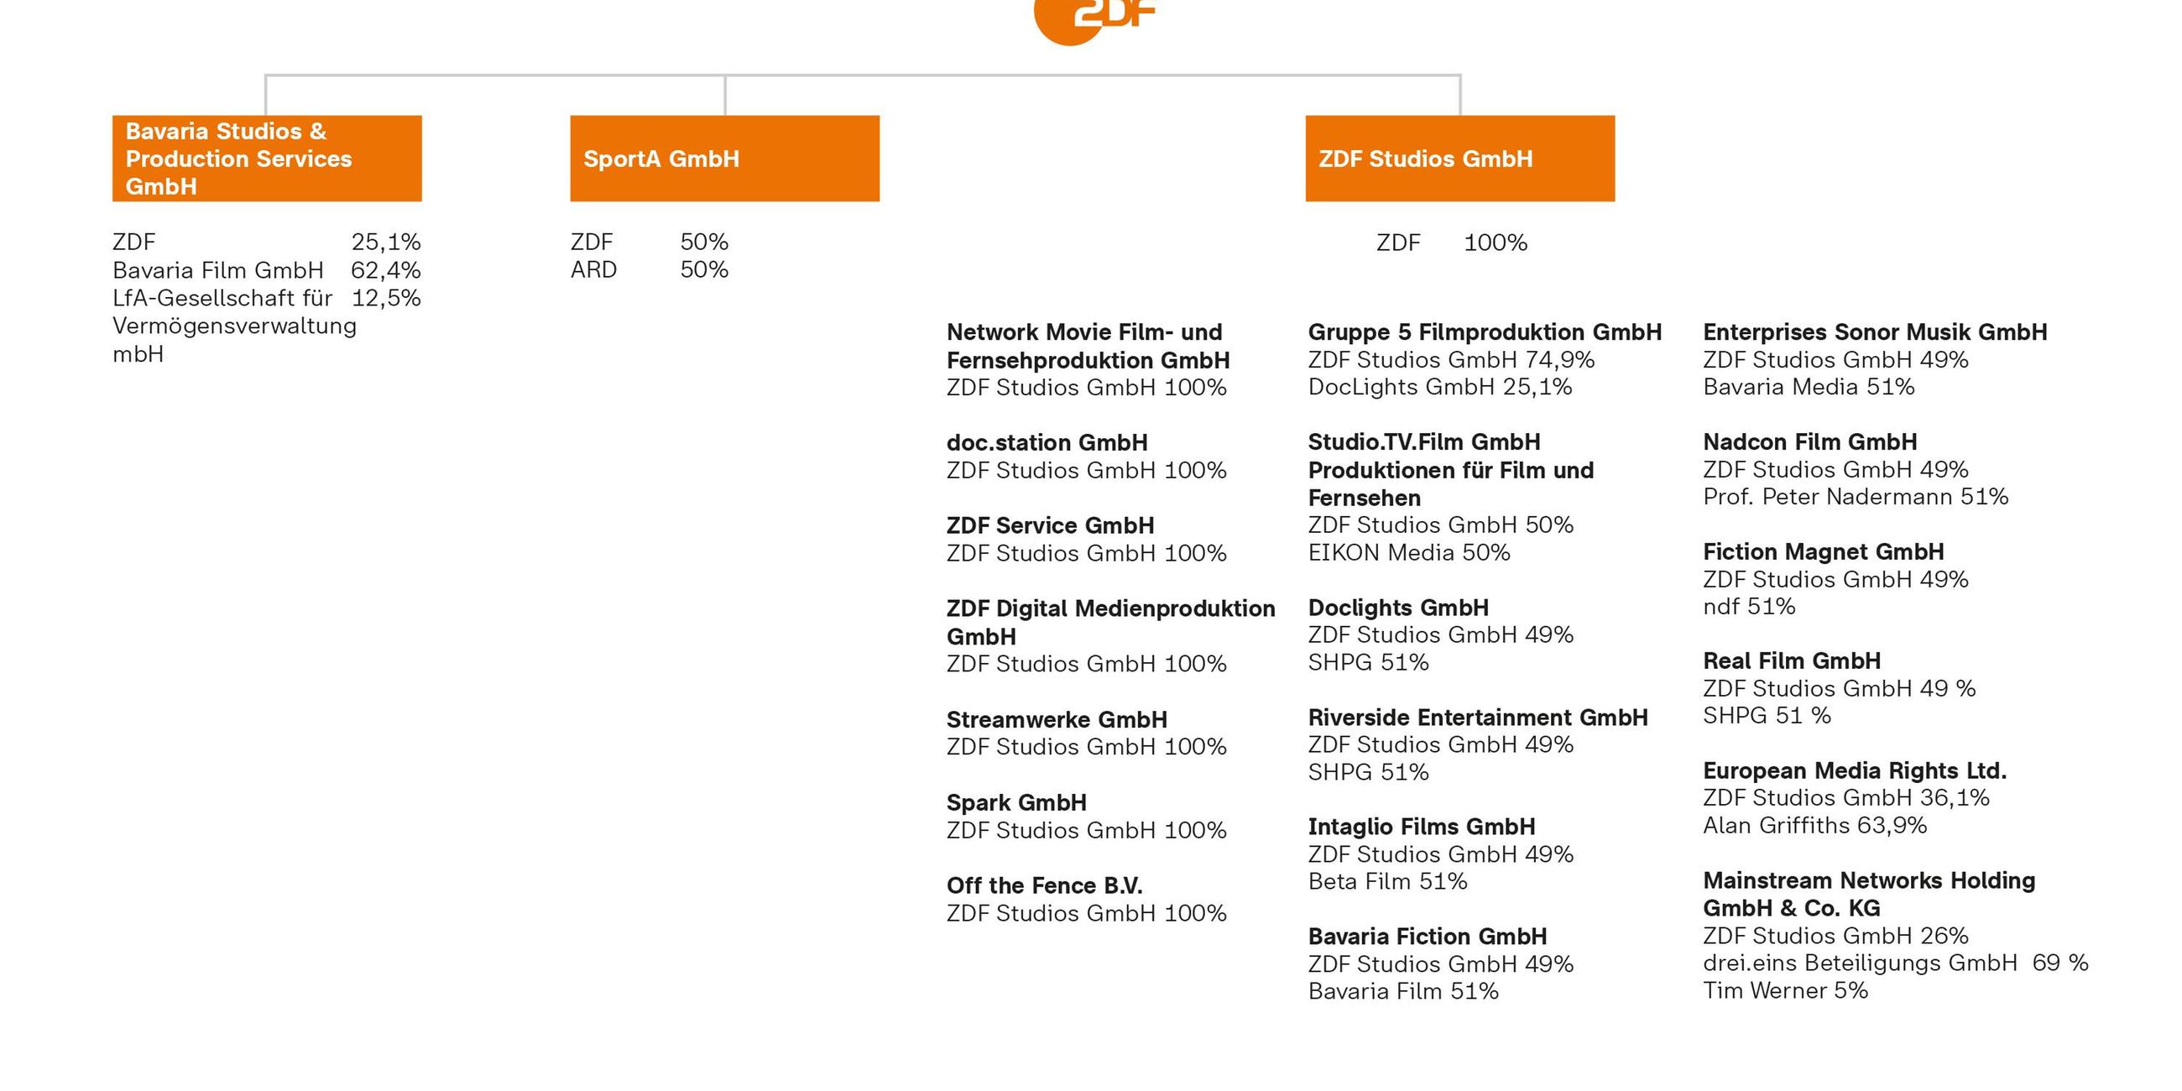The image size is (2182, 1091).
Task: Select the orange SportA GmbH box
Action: (x=724, y=159)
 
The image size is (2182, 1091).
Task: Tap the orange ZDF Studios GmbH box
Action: (x=1459, y=159)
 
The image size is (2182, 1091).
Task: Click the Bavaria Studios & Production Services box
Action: (x=267, y=159)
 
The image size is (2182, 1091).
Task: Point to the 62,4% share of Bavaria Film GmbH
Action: (x=385, y=270)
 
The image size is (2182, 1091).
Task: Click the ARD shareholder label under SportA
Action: (x=594, y=269)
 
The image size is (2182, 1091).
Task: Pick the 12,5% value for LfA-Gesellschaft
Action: (x=385, y=298)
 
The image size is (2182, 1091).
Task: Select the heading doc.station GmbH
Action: (x=1047, y=442)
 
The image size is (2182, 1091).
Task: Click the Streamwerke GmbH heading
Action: (x=1057, y=719)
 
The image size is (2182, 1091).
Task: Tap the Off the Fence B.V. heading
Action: (x=1044, y=885)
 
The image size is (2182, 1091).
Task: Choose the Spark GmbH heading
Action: (x=1016, y=802)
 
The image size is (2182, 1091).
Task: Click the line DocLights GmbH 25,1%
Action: (x=1439, y=387)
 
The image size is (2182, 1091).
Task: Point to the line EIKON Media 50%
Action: (x=1408, y=552)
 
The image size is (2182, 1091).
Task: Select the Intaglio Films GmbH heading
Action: (x=1422, y=826)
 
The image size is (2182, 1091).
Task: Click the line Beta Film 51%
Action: (x=1387, y=881)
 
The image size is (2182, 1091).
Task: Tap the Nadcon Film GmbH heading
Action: (x=1810, y=441)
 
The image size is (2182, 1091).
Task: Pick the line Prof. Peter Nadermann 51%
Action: (x=1855, y=496)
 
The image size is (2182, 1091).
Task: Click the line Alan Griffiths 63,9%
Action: (x=1814, y=825)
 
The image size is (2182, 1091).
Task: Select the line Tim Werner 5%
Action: (x=1785, y=990)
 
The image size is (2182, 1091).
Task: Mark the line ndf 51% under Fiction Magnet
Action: (x=1749, y=607)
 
